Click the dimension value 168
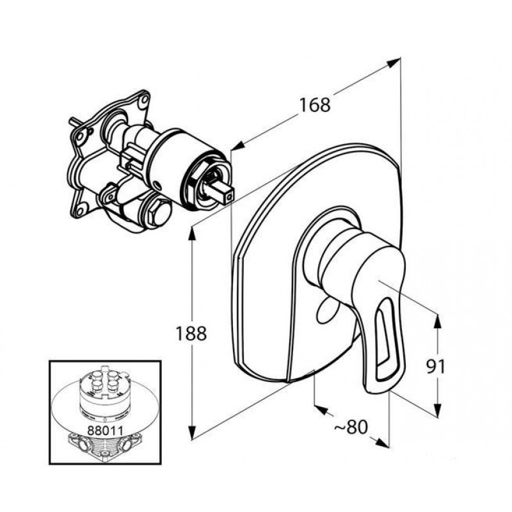tap(315, 105)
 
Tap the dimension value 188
tap(191, 333)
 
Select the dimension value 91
tap(435, 367)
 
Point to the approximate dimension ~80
tap(351, 427)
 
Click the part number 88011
tap(105, 430)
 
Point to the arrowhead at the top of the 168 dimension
tap(394, 62)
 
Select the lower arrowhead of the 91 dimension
tap(438, 409)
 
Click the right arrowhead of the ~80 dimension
tap(382, 443)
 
